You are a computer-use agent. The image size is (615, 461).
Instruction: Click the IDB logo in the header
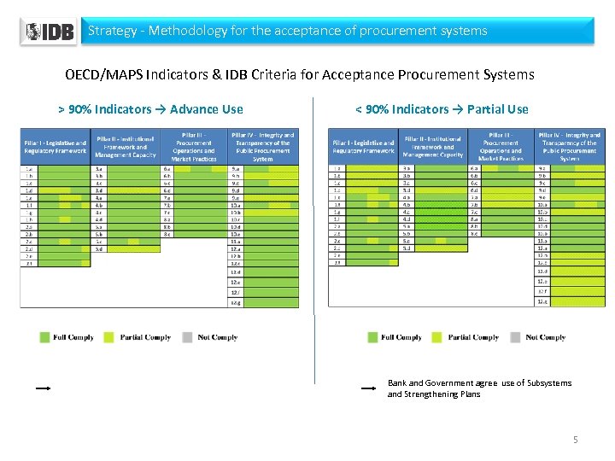[49, 32]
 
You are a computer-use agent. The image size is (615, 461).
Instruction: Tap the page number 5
[575, 440]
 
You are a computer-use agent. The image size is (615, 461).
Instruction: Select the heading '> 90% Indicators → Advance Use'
[150, 109]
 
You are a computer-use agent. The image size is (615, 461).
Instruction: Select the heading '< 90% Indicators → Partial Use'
[442, 109]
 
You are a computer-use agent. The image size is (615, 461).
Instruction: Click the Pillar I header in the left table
[56, 147]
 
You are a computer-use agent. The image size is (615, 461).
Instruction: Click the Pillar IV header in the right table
[569, 146]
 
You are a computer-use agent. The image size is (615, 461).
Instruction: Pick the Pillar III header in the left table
[194, 146]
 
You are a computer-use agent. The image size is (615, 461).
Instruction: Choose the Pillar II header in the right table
[434, 147]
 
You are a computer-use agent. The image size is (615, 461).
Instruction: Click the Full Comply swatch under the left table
[45, 337]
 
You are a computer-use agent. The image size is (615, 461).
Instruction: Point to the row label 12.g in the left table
[235, 302]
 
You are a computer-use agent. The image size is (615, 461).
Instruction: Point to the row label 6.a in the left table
[167, 169]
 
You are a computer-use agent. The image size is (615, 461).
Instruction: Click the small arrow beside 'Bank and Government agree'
[369, 388]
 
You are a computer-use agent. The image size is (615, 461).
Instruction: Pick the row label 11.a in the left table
[235, 241]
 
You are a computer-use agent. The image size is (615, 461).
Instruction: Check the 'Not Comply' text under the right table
[546, 337]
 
